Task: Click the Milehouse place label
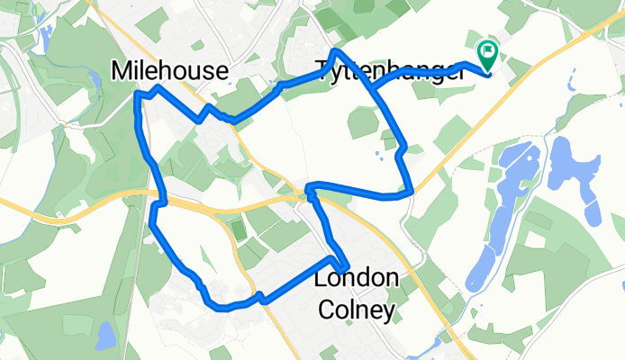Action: [168, 70]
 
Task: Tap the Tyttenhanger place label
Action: [391, 68]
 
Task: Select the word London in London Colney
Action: [356, 279]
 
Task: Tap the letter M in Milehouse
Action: [123, 70]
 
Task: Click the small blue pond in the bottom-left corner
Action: [104, 336]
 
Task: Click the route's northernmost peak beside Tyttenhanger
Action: [338, 52]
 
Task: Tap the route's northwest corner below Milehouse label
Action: [137, 93]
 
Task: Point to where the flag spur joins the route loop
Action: [371, 87]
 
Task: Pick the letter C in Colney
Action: [328, 310]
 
